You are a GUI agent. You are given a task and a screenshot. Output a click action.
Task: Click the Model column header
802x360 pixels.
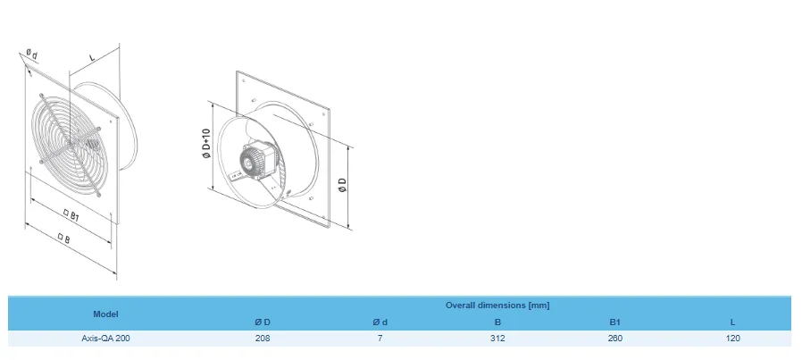105,314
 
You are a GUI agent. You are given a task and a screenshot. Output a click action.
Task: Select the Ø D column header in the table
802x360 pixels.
263,322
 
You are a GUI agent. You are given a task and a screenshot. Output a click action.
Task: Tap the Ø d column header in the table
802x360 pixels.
380,322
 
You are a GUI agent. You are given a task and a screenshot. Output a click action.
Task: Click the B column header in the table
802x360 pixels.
497,322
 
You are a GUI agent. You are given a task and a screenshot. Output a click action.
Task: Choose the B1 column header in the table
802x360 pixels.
614,322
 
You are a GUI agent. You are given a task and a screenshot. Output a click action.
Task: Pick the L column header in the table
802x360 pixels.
732,322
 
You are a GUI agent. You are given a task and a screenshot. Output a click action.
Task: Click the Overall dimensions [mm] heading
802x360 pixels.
497,306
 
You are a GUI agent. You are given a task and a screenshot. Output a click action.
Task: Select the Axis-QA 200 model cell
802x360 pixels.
105,339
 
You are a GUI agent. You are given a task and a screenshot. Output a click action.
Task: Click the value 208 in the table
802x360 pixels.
263,339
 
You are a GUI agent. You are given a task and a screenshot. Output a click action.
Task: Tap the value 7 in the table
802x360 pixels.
380,339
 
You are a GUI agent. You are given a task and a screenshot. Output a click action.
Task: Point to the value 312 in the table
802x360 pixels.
497,339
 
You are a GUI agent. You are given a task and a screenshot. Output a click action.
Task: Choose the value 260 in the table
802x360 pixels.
614,339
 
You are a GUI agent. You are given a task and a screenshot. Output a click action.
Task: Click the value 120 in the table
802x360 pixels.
732,339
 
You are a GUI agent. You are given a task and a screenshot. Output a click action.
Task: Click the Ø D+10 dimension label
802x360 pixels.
205,145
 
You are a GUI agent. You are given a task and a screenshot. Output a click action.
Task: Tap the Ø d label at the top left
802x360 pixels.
31,54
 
